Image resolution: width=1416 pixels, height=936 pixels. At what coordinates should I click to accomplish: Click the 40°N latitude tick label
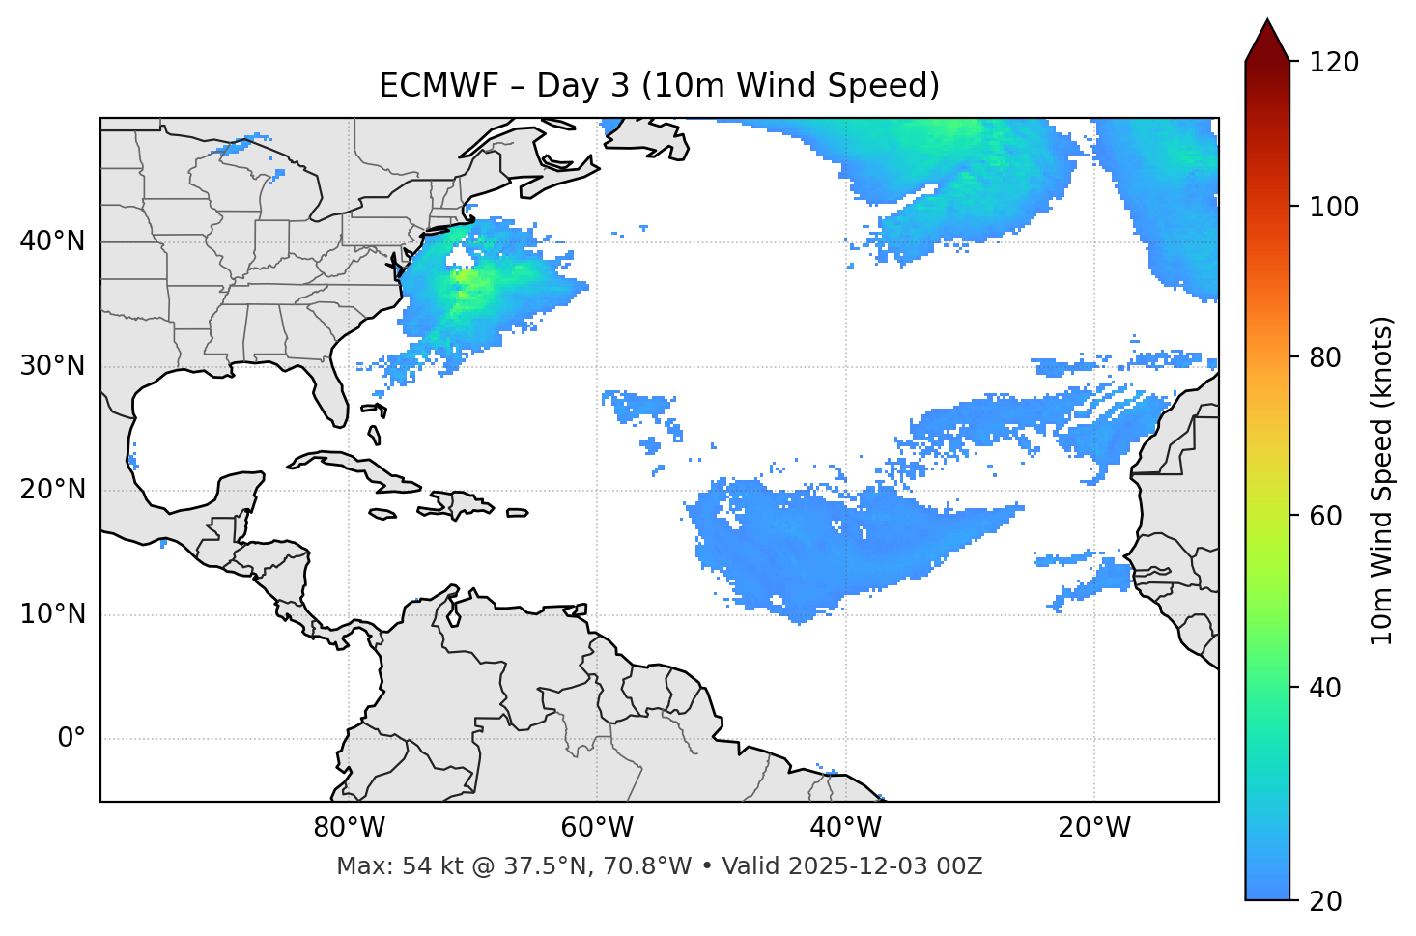(52, 241)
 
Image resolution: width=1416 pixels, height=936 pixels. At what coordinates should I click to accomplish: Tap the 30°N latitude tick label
(52, 366)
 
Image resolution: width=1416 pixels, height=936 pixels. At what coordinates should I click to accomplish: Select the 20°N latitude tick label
(52, 490)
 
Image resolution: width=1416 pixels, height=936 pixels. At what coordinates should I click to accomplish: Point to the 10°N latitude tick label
(52, 614)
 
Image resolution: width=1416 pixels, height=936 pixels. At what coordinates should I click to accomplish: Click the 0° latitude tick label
(71, 739)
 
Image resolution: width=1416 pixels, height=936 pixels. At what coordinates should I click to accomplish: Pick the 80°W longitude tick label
(349, 828)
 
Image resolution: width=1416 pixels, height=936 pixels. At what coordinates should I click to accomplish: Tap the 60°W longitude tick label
(597, 828)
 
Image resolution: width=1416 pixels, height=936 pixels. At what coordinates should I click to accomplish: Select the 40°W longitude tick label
(845, 828)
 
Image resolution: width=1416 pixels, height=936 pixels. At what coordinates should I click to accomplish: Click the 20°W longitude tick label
(1093, 828)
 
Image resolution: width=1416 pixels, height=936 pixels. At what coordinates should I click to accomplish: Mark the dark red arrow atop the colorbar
(1267, 41)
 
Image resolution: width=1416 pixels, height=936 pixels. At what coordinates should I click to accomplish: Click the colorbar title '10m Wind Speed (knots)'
(1382, 481)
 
